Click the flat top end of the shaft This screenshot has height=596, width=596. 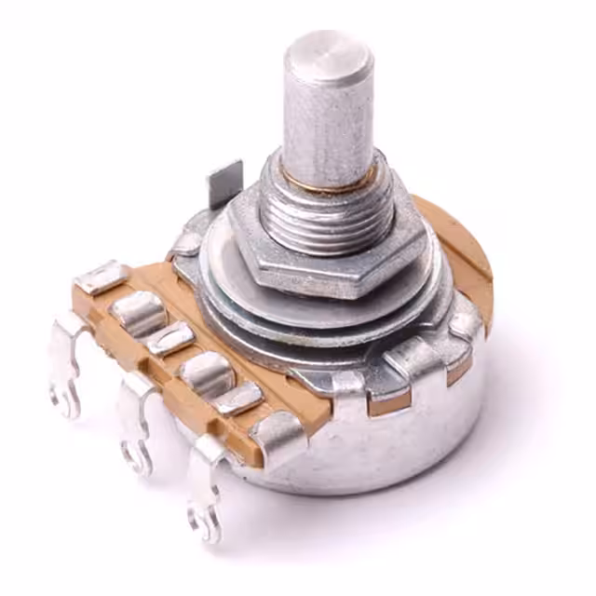click(328, 57)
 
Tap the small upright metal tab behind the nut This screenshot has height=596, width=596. click(224, 183)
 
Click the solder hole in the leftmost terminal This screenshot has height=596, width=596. click(66, 397)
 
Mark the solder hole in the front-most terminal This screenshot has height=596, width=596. click(208, 521)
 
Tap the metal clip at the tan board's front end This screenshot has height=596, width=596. click(277, 431)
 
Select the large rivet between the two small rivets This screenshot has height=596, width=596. click(205, 372)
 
